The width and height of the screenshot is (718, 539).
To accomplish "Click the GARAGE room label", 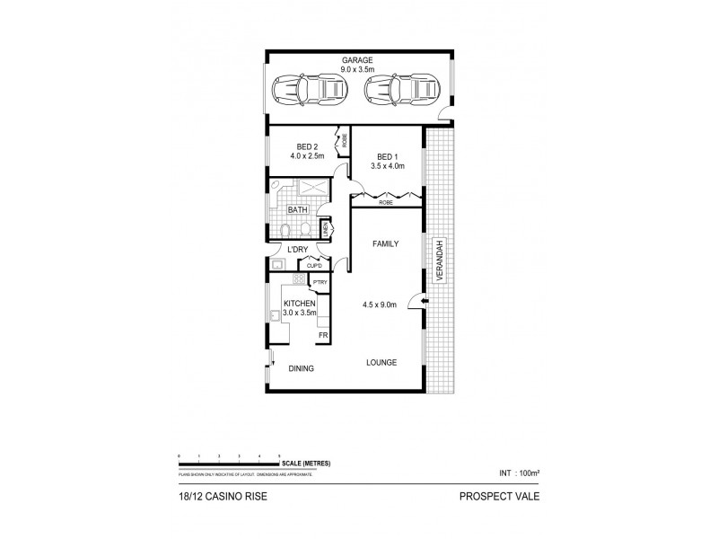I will click(x=356, y=60).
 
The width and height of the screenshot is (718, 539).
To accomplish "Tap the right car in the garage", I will click(x=400, y=89).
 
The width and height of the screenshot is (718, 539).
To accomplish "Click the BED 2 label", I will click(x=308, y=146).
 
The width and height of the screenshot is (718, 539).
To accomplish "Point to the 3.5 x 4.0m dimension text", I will click(x=385, y=165).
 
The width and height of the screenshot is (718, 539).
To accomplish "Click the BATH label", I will click(x=296, y=211).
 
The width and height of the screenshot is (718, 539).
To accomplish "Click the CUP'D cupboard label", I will click(x=314, y=265).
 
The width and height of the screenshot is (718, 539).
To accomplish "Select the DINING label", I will click(x=301, y=368).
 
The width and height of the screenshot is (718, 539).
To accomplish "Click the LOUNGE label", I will click(x=381, y=362).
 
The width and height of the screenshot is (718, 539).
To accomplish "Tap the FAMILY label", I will click(x=384, y=243).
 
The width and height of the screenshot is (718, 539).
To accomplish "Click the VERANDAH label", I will click(x=440, y=261).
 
